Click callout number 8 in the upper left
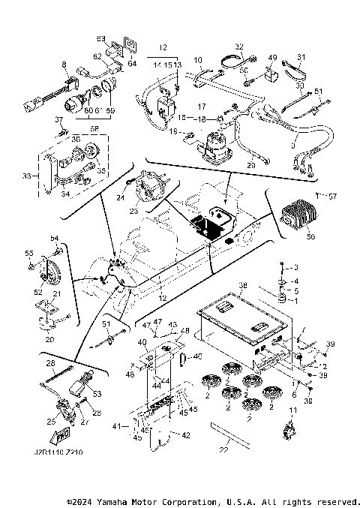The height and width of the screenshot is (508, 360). (x=64, y=65)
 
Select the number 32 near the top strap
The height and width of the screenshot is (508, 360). (x=239, y=47)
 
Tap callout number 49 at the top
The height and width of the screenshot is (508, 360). (x=272, y=58)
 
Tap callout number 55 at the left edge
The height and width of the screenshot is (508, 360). (x=30, y=253)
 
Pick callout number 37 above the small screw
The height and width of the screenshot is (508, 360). (x=58, y=119)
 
